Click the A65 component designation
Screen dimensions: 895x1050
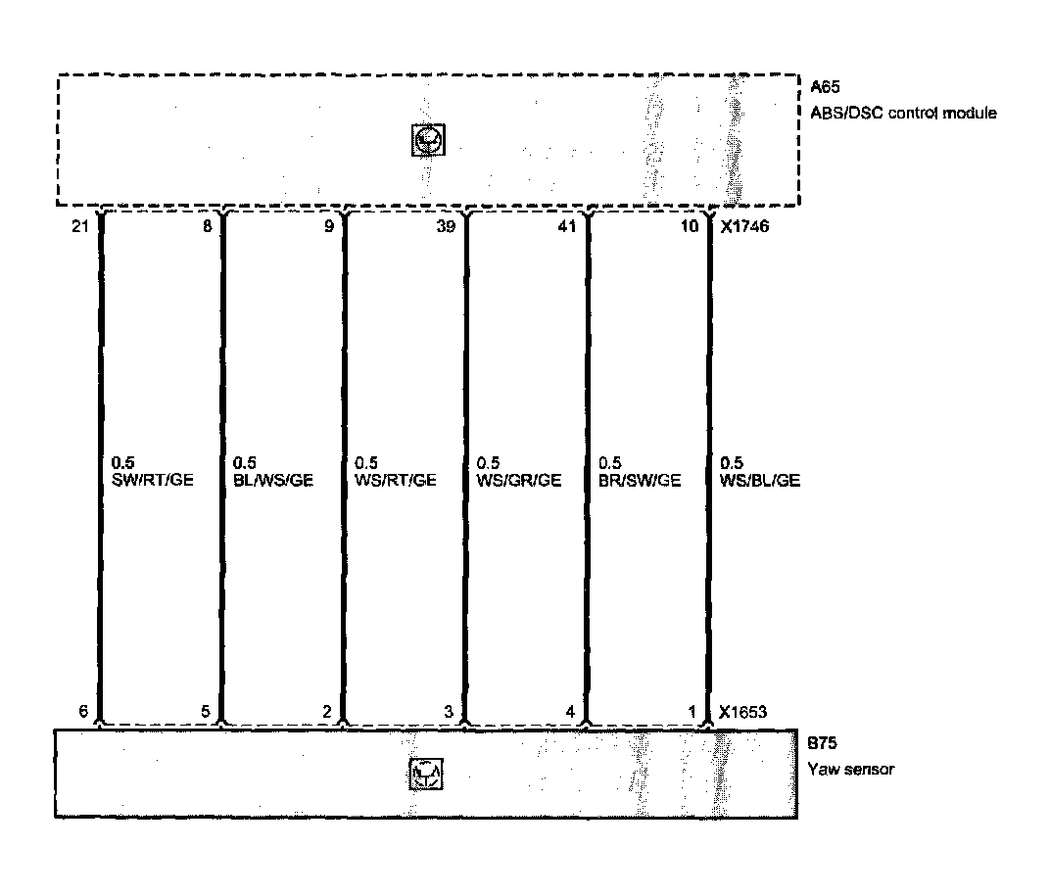[826, 87]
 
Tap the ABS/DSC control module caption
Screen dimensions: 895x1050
[903, 113]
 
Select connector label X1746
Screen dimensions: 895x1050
[742, 227]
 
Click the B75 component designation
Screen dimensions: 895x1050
[823, 745]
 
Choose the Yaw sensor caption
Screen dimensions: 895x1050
[850, 770]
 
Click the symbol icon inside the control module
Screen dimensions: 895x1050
[428, 141]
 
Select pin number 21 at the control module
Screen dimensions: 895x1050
[80, 227]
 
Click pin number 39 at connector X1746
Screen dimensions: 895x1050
[447, 227]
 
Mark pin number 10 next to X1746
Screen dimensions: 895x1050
[690, 227]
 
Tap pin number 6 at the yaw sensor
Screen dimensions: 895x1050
[85, 712]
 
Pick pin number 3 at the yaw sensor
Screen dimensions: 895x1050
[449, 712]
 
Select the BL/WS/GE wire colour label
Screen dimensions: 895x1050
[273, 480]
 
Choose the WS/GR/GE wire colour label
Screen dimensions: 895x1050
[519, 480]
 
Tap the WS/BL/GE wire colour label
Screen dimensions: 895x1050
[760, 480]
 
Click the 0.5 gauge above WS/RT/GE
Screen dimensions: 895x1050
[366, 462]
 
